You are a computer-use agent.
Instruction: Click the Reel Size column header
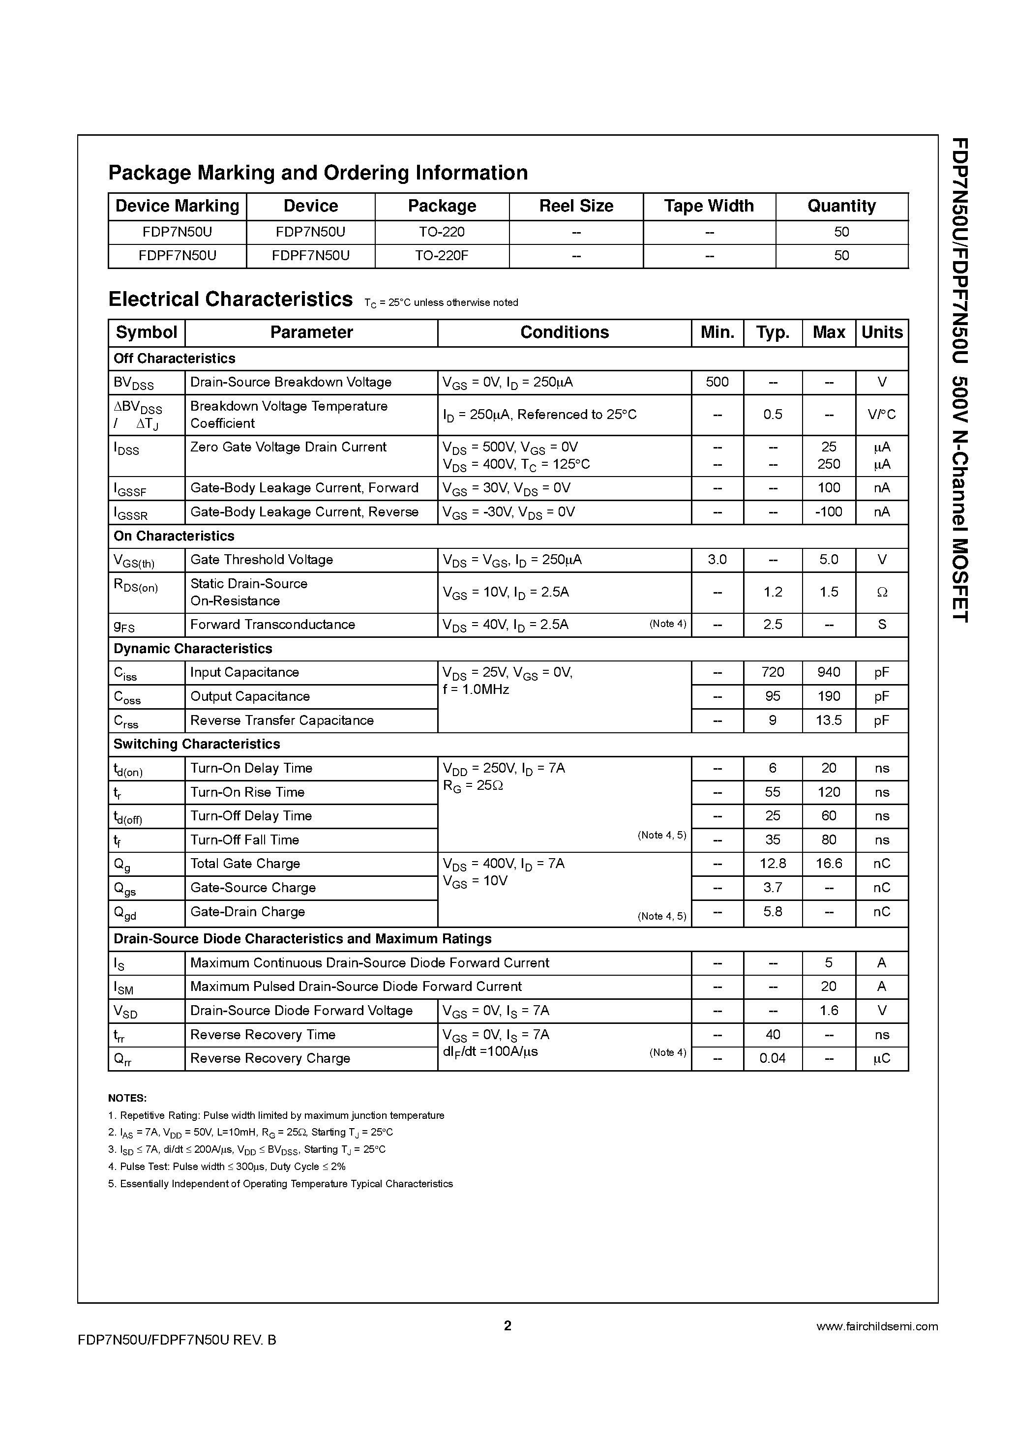[576, 206]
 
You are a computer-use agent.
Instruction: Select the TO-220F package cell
[442, 256]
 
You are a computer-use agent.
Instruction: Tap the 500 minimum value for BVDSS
[717, 382]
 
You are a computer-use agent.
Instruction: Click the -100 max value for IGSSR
[828, 511]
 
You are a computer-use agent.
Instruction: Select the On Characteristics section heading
[174, 536]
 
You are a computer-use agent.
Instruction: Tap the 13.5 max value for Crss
[828, 720]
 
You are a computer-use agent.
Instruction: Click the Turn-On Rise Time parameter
[247, 792]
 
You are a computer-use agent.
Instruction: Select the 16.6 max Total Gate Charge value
[828, 864]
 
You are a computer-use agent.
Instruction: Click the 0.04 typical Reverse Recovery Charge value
[773, 1058]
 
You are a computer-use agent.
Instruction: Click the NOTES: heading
[127, 1098]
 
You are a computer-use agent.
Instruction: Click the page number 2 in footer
[508, 1326]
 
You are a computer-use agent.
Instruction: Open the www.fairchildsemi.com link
[877, 1326]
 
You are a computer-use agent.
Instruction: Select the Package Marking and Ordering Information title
[318, 173]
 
